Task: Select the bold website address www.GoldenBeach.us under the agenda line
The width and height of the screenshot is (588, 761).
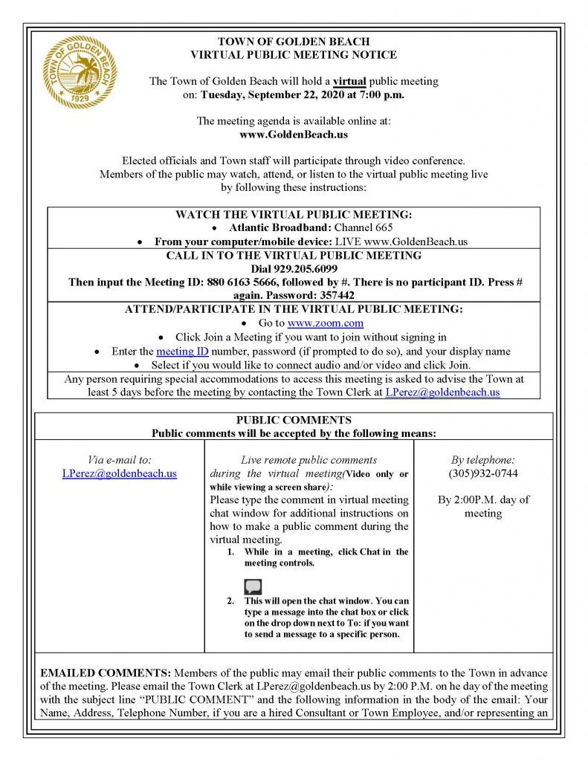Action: click(x=294, y=135)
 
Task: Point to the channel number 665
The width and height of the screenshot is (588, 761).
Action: click(x=380, y=227)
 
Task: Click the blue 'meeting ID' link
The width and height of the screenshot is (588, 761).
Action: click(x=178, y=351)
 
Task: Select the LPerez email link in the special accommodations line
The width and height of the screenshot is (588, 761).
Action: click(x=443, y=392)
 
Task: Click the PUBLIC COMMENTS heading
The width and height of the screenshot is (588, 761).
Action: click(x=294, y=420)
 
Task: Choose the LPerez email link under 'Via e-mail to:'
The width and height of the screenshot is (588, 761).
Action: click(x=120, y=473)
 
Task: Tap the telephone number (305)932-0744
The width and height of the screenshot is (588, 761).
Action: click(x=483, y=473)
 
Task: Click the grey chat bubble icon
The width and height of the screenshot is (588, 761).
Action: click(x=253, y=588)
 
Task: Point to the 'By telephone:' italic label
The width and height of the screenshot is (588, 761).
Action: click(x=483, y=460)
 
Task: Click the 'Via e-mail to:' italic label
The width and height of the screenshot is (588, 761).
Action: click(x=120, y=460)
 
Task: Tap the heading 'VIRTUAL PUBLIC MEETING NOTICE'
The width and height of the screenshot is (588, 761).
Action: click(x=294, y=54)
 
